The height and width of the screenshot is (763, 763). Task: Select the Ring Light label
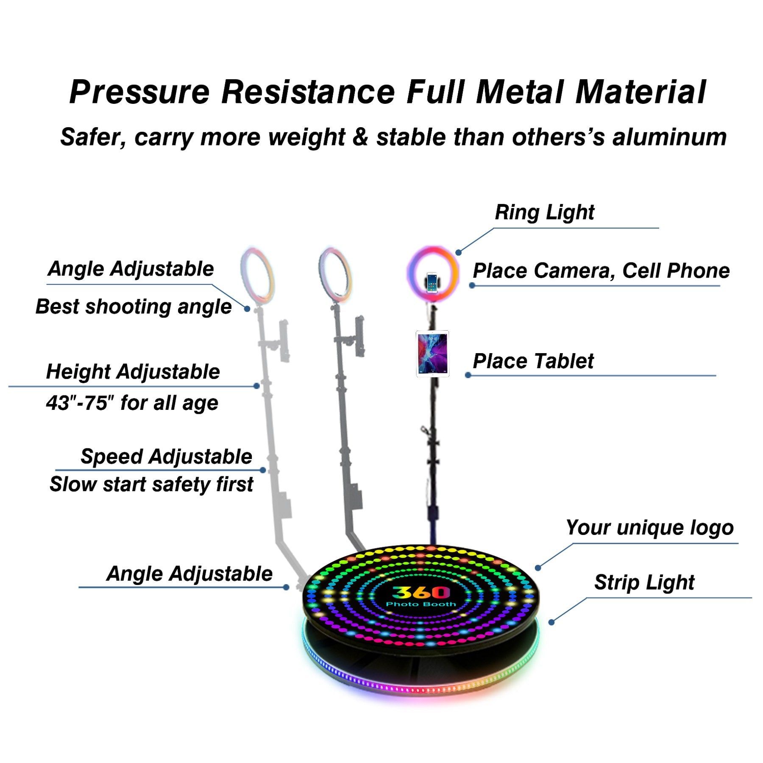(x=544, y=212)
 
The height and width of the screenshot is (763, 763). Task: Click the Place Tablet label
(x=533, y=361)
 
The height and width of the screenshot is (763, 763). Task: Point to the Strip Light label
(x=644, y=582)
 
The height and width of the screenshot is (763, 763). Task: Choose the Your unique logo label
(x=649, y=528)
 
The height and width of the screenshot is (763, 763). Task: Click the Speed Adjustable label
(x=166, y=457)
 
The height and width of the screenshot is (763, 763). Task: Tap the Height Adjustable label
(x=133, y=372)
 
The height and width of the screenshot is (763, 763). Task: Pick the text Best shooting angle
(x=134, y=306)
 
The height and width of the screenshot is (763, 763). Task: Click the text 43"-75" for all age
(x=132, y=403)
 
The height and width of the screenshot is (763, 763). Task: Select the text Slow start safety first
(x=151, y=484)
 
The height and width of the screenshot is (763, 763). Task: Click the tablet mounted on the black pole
(x=432, y=354)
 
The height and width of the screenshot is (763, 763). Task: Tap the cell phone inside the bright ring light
(x=432, y=282)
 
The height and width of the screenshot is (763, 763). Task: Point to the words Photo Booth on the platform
(x=421, y=604)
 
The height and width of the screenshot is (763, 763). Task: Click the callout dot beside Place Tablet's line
(x=468, y=375)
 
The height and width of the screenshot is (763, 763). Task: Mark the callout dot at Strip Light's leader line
(x=551, y=622)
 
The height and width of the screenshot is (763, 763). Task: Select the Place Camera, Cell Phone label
(x=601, y=271)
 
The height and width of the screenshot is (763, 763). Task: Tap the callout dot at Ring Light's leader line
(x=458, y=253)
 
